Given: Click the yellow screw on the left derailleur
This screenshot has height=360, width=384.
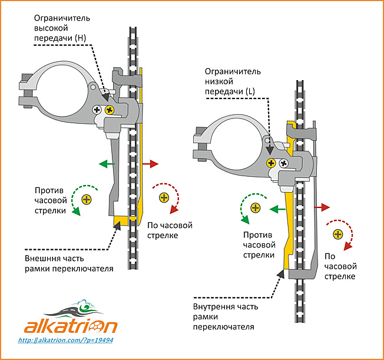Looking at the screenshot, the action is tap(110, 110).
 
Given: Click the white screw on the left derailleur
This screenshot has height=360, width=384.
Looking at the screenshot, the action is tap(97, 110).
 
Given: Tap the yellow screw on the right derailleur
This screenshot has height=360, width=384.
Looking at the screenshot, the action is tap(272, 163).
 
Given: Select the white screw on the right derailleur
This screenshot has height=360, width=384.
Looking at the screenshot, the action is tap(284, 163).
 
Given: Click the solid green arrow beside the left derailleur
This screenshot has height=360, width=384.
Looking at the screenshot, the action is tap(107, 164).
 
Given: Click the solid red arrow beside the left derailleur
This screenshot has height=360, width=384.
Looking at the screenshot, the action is tap(150, 164).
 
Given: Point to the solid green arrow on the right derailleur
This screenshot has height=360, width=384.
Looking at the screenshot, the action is tap(278, 209).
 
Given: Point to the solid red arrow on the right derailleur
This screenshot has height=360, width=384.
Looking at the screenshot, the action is tap(322, 207).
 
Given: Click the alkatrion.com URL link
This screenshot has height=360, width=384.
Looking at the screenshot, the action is tap(65, 340).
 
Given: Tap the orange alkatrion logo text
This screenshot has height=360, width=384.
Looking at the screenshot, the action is tap(71, 326).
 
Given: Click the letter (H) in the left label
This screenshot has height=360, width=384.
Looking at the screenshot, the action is tap(81, 38).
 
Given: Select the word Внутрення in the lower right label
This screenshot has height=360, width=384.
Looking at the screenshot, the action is tap(213, 306).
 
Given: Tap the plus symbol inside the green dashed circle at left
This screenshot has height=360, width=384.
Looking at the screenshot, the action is tap(87, 200).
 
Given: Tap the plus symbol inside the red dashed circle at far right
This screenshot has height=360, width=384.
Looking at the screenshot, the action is tap(338, 235).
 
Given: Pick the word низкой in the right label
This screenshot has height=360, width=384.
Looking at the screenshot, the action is tap(219, 82).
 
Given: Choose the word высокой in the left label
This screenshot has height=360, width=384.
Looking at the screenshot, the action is tap(51, 28).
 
